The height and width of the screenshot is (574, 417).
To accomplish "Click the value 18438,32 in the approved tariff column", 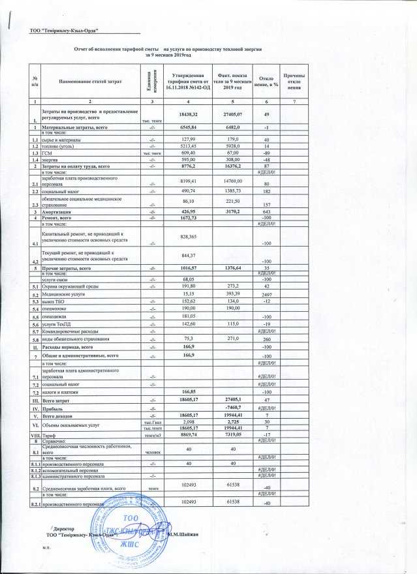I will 189,115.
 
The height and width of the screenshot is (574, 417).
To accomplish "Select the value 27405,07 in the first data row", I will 233,115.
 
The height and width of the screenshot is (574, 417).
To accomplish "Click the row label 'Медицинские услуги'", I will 67,294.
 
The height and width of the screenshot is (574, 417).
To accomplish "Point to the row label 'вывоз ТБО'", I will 55,302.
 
